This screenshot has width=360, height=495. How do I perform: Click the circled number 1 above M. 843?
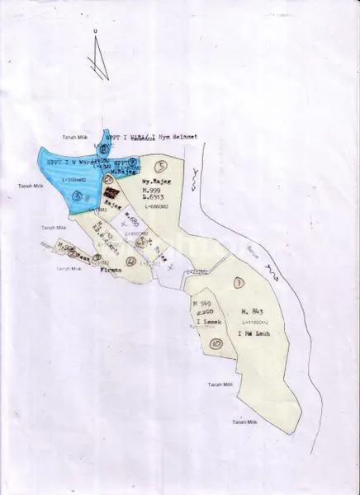point(238,283)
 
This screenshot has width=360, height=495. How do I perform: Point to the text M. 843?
point(252,310)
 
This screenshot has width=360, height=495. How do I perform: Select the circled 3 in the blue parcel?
point(77,196)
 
